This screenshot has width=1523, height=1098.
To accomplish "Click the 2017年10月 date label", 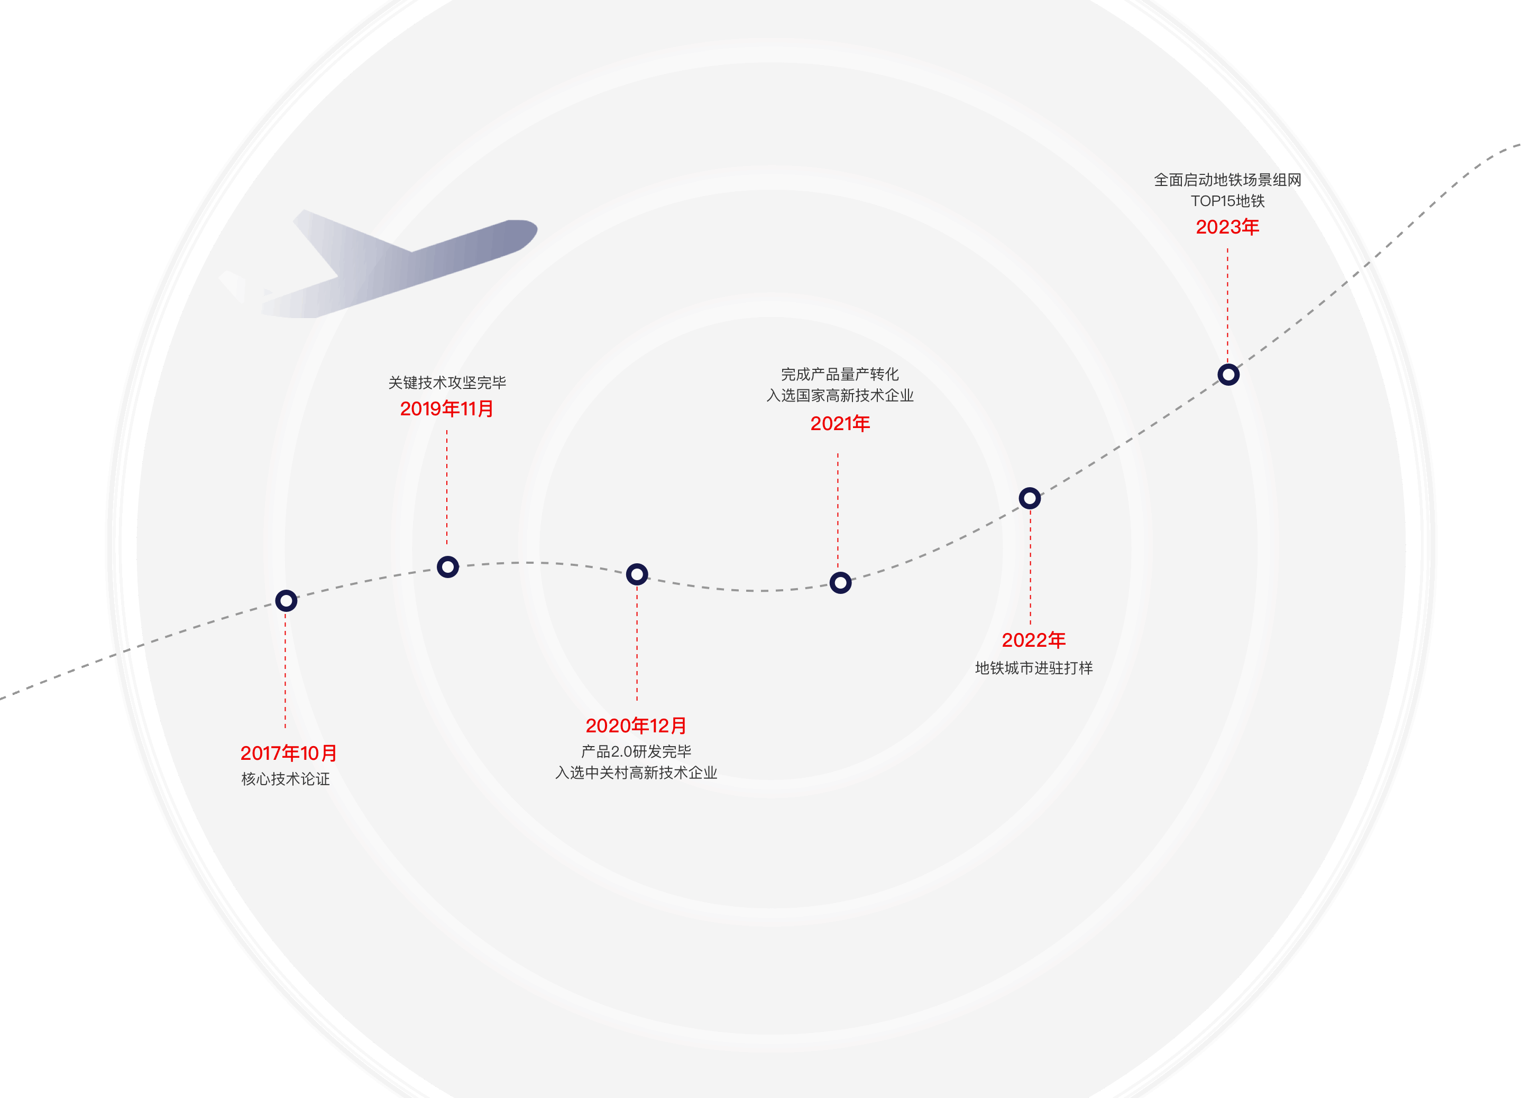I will point(289,753).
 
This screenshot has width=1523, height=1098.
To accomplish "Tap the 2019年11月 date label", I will point(446,409).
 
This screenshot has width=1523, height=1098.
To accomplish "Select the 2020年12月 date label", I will point(636,725).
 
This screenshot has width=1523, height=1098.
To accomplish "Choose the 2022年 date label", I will point(1033,640).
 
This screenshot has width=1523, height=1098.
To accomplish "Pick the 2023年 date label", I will point(1227,227).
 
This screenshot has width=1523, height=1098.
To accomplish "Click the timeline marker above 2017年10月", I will point(286,601).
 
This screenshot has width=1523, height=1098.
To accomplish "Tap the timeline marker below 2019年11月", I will point(448,567).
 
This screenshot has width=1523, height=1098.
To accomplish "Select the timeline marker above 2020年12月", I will point(637,574).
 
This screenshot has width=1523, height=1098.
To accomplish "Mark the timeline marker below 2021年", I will point(841,583).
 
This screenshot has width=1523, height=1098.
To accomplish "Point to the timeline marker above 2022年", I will point(1030,498).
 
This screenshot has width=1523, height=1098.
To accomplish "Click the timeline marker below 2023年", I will point(1229,375).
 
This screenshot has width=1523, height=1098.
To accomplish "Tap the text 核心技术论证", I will point(286,779).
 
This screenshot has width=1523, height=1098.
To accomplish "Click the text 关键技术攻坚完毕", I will point(447,383).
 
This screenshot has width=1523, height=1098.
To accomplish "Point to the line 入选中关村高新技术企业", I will point(636,773).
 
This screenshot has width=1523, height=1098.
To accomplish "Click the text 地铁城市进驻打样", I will point(1033,668).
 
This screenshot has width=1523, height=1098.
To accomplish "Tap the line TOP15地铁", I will point(1227,201).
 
